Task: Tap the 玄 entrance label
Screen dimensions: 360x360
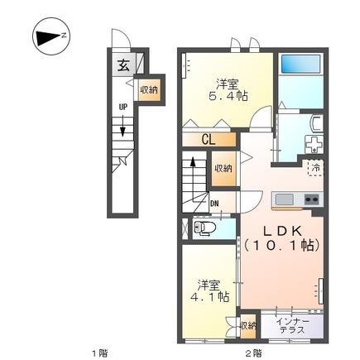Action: pos(123,65)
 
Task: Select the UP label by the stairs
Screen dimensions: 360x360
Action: pos(123,107)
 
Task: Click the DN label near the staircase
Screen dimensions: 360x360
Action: pos(214,204)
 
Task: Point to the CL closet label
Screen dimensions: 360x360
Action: pos(209,140)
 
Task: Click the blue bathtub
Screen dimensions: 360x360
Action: pos(300,64)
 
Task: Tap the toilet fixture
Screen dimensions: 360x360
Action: pos(204,228)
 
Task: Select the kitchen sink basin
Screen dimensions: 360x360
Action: pos(284,199)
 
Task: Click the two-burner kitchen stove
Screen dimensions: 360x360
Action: pos(312,199)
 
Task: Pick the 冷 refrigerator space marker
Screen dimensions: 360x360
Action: pos(315,167)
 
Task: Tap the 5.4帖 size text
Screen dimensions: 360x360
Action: pos(228,96)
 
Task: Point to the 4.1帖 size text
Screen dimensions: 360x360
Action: pos(209,297)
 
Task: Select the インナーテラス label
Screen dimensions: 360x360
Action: pos(292,326)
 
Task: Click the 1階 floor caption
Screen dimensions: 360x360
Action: pos(99,353)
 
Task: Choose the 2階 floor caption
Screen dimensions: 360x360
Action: pos(253,353)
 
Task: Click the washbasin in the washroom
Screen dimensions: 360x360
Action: pos(316,124)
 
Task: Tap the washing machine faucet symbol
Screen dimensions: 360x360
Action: pos(314,144)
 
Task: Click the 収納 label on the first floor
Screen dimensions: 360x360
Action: pos(149,90)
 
